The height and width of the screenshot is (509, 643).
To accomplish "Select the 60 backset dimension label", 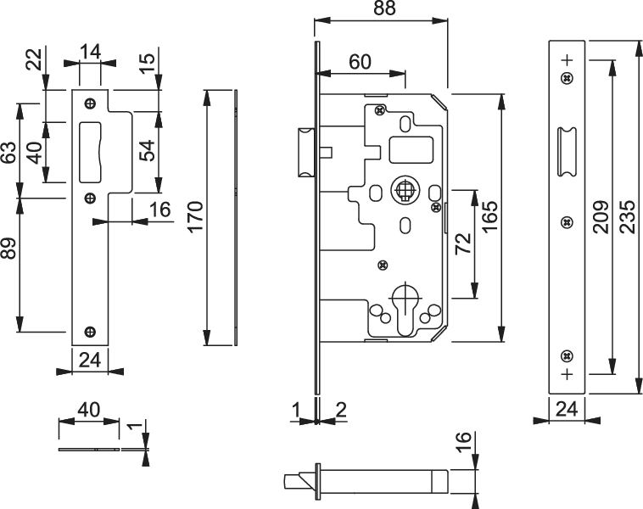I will (x=360, y=62).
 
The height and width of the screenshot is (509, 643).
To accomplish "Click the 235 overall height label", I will (x=627, y=218).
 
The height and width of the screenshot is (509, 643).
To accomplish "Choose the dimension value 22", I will (x=33, y=59).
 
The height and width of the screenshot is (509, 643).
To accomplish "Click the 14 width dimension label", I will (x=90, y=52).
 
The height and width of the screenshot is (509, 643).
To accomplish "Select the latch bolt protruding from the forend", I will (x=303, y=153).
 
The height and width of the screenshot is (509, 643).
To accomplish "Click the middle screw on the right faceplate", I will (x=566, y=222).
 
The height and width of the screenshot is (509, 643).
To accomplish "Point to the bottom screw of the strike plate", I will (x=89, y=331).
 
